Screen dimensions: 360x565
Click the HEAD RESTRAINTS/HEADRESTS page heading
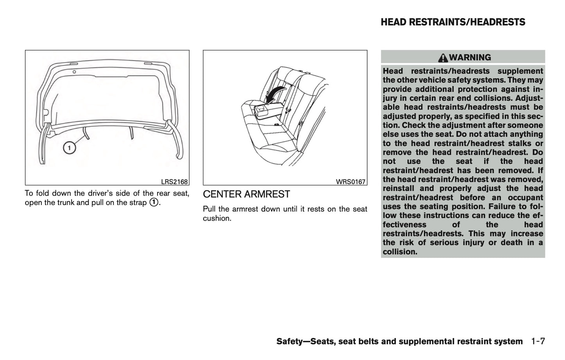point(453,22)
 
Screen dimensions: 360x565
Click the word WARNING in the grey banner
point(470,58)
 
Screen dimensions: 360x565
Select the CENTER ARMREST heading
point(246,194)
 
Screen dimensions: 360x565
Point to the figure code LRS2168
point(174,182)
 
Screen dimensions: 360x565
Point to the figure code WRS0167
point(351,182)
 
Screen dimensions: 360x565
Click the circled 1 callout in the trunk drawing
point(69,148)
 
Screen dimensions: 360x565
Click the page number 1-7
point(538,341)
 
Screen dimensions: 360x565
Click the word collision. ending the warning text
point(400,252)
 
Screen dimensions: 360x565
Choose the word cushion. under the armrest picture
point(217,218)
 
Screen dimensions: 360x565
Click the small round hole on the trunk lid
point(74,72)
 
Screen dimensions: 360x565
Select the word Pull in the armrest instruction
point(210,209)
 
